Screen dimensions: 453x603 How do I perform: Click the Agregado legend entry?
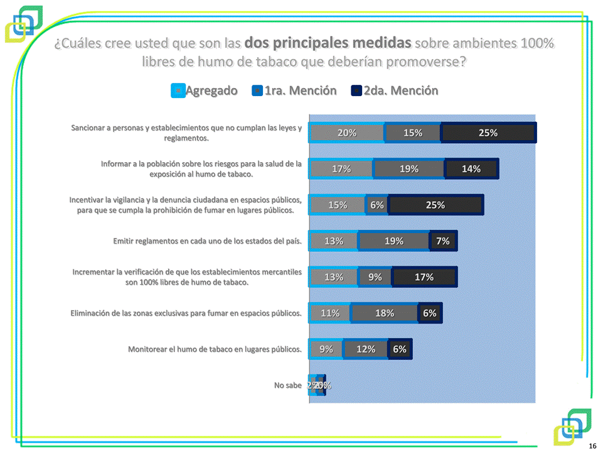coord(205,90)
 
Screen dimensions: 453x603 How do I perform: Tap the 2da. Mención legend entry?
coord(395,90)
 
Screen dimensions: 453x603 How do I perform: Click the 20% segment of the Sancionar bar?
coord(346,133)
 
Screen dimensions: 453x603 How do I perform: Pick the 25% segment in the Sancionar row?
coord(488,133)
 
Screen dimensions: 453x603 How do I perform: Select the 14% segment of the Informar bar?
coord(471,168)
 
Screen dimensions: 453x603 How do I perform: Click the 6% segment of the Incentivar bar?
coord(376,205)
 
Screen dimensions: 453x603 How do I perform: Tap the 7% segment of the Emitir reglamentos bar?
coord(443,241)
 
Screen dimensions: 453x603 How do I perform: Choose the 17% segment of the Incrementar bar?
coord(424,277)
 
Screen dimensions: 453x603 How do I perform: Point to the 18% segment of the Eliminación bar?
coord(384,313)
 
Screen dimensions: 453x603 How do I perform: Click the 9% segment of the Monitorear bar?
coord(326,349)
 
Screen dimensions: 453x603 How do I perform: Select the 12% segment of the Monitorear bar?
coord(366,349)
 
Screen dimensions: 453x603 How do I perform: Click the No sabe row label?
coord(288,385)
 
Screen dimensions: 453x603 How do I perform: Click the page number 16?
coord(592,445)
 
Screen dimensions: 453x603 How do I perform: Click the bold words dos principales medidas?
coord(328,43)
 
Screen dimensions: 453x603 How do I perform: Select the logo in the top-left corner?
coord(24,24)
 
